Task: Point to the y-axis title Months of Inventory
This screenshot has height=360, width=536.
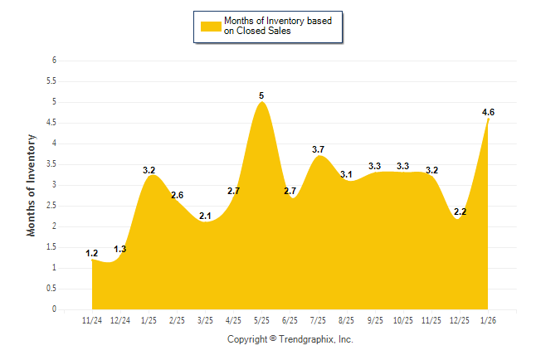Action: coord(32,185)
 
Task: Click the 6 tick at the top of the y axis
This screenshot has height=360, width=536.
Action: coord(53,61)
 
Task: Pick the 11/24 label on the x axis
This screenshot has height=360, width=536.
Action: coord(92,319)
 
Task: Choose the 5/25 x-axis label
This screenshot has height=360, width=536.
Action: coord(261,319)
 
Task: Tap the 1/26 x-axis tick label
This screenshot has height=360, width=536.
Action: coord(488,319)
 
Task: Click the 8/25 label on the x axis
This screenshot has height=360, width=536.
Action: coord(347,319)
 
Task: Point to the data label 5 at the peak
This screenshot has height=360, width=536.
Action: coord(261,95)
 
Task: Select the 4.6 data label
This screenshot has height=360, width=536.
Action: coord(488,112)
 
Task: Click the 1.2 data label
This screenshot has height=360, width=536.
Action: coord(92,253)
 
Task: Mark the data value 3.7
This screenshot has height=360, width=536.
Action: coord(318,149)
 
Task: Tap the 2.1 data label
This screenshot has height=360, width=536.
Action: coord(205,216)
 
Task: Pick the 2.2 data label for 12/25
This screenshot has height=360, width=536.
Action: coord(460,212)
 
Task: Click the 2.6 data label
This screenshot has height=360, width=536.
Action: coord(177,195)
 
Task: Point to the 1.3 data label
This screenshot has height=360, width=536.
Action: coord(120,249)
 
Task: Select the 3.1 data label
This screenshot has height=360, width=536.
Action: coord(347,174)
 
